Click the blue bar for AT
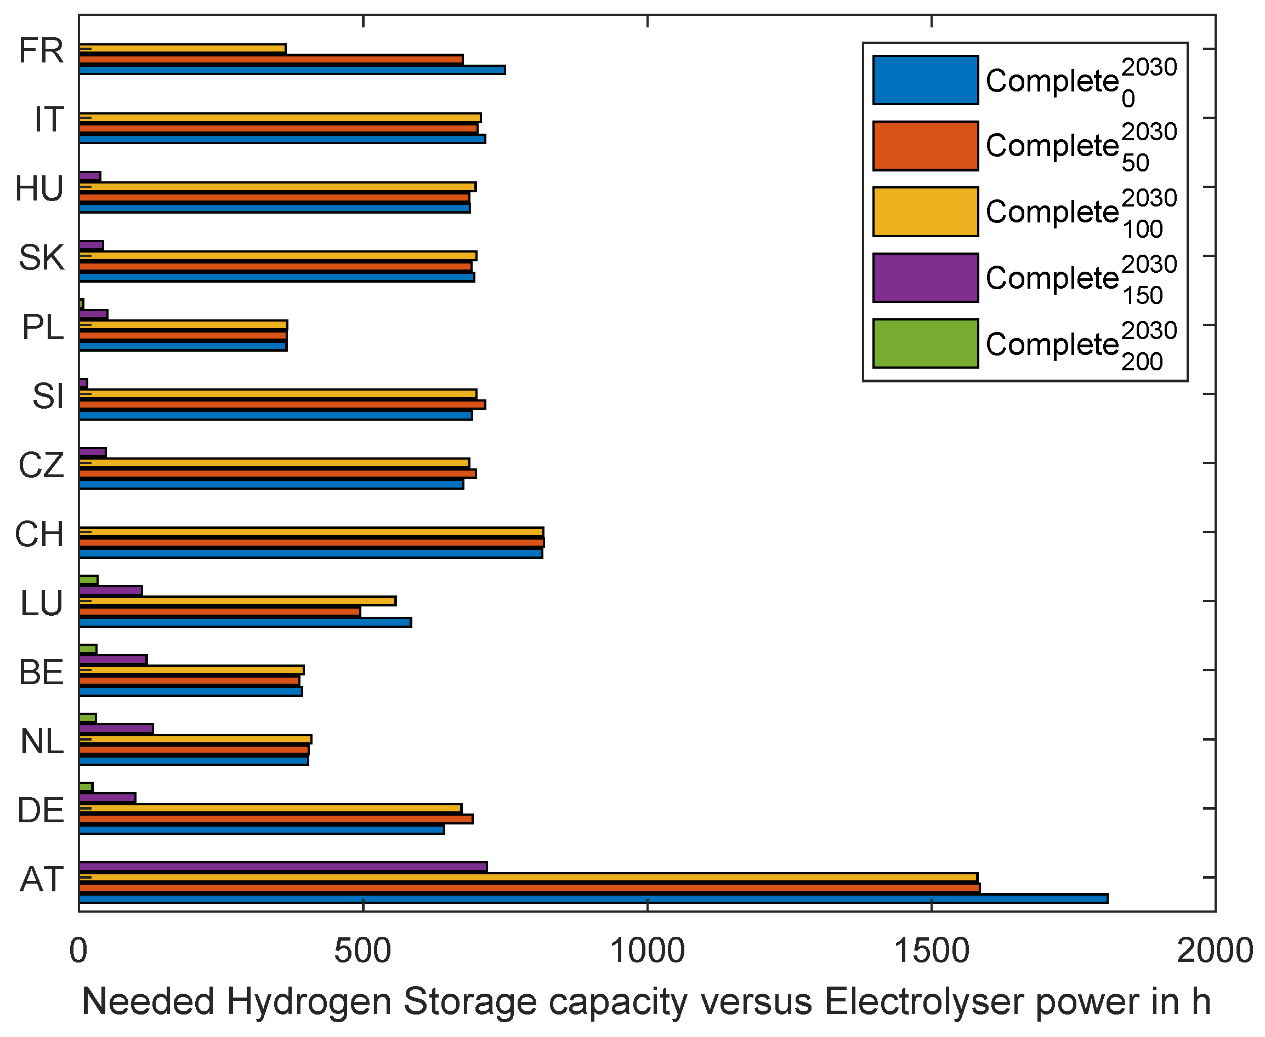(x=592, y=898)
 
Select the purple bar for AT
(x=283, y=866)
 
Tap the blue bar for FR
(x=292, y=70)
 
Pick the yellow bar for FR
(x=183, y=48)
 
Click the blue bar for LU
(x=245, y=622)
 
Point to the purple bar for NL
(x=116, y=728)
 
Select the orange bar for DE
(x=276, y=818)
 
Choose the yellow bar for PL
(x=183, y=324)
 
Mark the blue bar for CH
(x=310, y=553)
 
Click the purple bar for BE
(x=113, y=660)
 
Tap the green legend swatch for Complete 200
(x=924, y=343)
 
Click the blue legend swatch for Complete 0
(x=924, y=80)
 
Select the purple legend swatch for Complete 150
(x=924, y=278)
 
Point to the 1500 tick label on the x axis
(x=931, y=950)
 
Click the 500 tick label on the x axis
(x=362, y=950)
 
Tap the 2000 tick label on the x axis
(x=1214, y=950)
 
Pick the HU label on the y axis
(x=39, y=189)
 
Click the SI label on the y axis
(x=47, y=396)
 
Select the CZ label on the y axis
(x=41, y=465)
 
